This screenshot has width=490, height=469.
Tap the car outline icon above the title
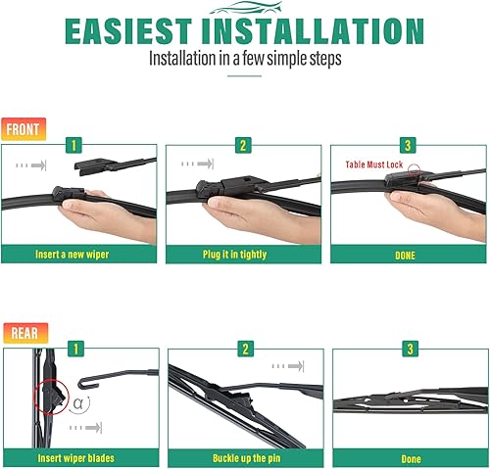[244, 8]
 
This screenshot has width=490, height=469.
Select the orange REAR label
[24, 333]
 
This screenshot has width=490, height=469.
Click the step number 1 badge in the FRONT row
[73, 145]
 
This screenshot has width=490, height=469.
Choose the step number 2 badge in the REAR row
[246, 349]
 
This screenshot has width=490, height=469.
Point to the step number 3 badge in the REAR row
[410, 349]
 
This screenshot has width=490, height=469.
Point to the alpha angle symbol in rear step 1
[78, 402]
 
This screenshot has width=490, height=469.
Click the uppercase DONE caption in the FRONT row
[406, 256]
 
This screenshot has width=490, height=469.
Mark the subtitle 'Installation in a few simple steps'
[245, 58]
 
